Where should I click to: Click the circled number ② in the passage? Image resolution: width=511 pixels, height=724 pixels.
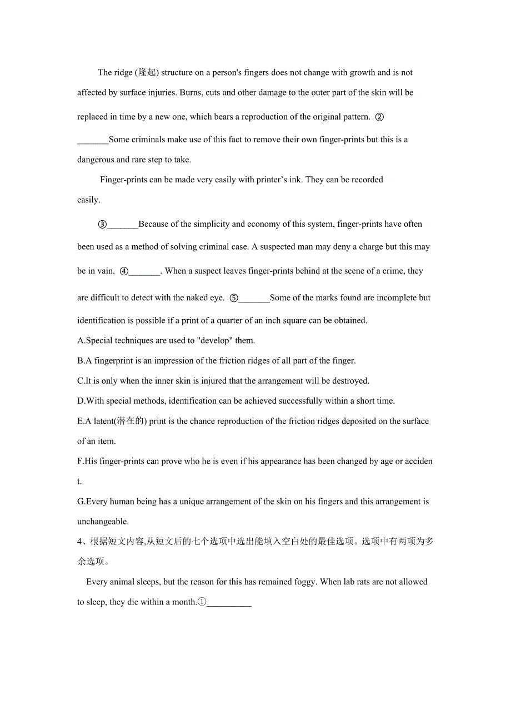(380, 117)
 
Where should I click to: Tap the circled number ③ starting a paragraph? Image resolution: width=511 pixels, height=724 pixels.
(102, 224)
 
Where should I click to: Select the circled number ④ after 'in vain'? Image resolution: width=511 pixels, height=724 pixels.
(124, 271)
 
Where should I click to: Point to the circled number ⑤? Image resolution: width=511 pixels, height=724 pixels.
(234, 297)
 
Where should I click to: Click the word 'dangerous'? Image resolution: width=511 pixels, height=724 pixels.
(96, 160)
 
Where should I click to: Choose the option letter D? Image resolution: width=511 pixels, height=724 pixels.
(81, 401)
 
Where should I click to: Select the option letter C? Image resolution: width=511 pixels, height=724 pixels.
(80, 381)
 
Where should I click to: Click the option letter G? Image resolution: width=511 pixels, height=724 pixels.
(81, 502)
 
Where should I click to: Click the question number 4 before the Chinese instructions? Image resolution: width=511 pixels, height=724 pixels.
(80, 542)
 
